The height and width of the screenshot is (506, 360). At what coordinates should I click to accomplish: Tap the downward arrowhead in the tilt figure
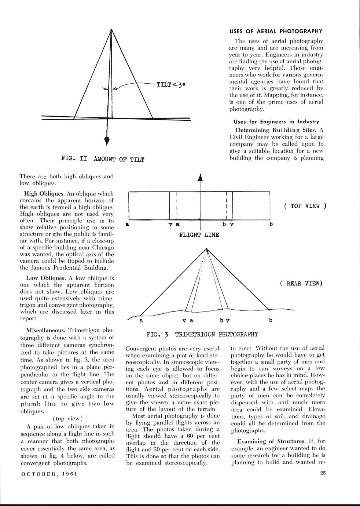107,141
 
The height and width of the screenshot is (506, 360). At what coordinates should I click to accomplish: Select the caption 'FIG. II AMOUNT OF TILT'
103,159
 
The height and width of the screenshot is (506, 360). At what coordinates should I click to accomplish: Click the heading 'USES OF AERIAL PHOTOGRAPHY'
276,31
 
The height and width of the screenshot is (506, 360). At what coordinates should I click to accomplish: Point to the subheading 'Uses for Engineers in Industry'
276,121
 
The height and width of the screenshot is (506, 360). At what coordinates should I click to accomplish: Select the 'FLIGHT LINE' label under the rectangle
199,235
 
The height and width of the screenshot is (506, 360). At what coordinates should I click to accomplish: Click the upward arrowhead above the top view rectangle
200,178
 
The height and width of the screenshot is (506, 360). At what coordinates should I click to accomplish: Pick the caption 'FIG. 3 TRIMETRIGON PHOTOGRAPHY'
202,334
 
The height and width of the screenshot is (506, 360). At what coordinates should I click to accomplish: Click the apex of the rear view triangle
207,250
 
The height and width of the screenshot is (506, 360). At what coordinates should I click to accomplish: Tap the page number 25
323,473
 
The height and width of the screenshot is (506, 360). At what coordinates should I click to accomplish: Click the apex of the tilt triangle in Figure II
111,29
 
